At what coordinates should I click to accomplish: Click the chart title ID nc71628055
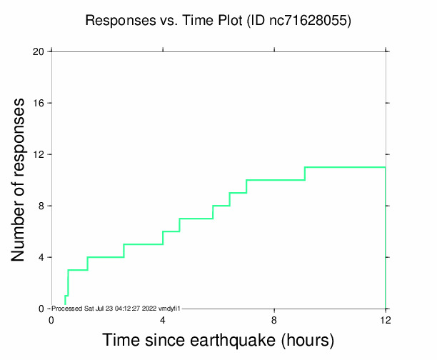tap(298, 21)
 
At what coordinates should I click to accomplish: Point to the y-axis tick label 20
tap(39, 51)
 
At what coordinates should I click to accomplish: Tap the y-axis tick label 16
tap(39, 103)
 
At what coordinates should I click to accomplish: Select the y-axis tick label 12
tap(39, 154)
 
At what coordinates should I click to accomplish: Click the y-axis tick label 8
tap(41, 206)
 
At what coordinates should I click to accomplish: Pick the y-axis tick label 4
tap(41, 257)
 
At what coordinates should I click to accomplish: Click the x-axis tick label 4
tap(163, 319)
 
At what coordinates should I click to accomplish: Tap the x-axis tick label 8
tap(274, 319)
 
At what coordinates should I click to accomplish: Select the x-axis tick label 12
tap(386, 319)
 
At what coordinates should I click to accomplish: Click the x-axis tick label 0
tap(51, 319)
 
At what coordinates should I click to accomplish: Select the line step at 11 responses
tap(345, 167)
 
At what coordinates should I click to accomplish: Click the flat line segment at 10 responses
tap(276, 180)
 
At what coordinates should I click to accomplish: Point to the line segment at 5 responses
tap(144, 244)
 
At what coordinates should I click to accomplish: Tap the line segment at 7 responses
tap(196, 219)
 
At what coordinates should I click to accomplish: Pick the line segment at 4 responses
tap(106, 257)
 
